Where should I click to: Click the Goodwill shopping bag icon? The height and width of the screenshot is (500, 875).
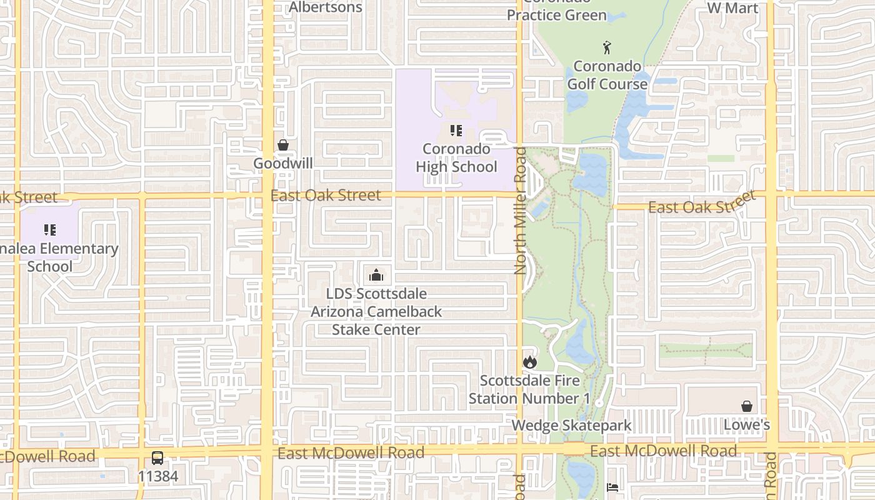coord(283,145)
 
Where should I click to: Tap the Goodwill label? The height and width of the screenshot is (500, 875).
coord(283,163)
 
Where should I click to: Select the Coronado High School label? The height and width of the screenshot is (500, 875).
coord(456,158)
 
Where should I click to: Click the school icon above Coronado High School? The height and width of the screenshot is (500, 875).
coord(456,131)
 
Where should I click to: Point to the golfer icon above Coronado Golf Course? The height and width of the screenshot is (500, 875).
coord(607,47)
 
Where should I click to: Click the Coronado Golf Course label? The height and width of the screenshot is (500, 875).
coord(607,75)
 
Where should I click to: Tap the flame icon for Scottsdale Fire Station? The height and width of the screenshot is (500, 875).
coord(530,362)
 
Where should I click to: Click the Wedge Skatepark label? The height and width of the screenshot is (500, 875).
coord(571,426)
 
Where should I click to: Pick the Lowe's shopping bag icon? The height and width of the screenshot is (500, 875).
coord(746,407)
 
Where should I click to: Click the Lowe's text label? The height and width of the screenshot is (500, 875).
coord(746,425)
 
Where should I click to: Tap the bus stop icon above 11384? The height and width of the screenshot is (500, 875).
coord(157,458)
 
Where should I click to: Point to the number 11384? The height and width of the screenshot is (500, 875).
coord(157,476)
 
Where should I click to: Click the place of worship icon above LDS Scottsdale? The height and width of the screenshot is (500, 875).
coord(376,275)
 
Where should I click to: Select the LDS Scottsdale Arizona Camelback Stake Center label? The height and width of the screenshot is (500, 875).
coord(376,311)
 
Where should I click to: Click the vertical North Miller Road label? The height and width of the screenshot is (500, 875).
coord(520,210)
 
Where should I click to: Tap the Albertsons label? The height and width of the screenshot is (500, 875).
coord(326,7)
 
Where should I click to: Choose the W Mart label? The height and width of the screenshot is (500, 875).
coord(732,8)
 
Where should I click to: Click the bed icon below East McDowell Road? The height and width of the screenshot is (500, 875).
coord(612,487)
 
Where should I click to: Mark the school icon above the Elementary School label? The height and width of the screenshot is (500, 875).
coord(50,230)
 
